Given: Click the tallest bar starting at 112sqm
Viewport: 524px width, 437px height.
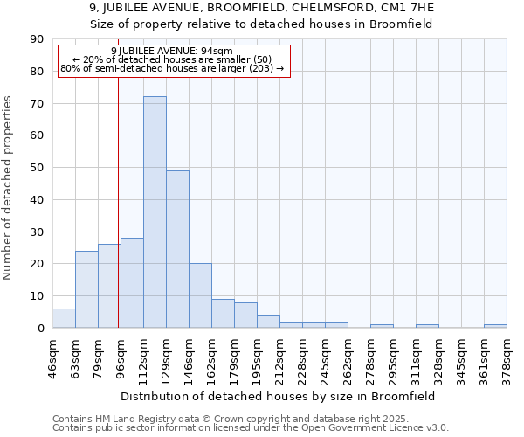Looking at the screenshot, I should point(155,212).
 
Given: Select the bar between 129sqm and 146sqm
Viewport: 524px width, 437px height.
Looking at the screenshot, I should point(177,249).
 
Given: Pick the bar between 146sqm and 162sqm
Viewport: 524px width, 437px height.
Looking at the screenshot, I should point(200,295).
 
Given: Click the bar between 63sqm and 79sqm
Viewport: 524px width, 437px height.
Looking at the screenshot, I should point(86,289).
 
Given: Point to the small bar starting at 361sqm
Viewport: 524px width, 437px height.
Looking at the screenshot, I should point(495,326).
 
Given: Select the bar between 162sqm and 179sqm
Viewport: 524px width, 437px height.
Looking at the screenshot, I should point(223,313).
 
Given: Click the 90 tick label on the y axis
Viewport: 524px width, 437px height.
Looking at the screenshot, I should point(37,39).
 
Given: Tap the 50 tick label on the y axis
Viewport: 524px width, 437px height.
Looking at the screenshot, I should point(37,168).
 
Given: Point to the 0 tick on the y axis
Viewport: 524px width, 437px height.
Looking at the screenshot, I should point(40,328).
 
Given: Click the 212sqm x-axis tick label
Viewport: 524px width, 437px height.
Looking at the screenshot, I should point(280,355).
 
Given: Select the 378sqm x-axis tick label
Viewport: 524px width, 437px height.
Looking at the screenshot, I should point(507,355).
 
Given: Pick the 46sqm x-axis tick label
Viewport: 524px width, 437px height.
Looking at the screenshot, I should point(53,355).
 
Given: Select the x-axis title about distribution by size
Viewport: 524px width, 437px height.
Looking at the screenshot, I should point(279,396).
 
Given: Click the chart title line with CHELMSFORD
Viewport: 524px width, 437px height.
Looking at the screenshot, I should point(261,8).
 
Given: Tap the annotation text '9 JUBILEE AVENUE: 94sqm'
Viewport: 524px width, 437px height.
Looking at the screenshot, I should point(172,52).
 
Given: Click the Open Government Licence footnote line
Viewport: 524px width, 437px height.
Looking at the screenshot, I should point(251,428).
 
